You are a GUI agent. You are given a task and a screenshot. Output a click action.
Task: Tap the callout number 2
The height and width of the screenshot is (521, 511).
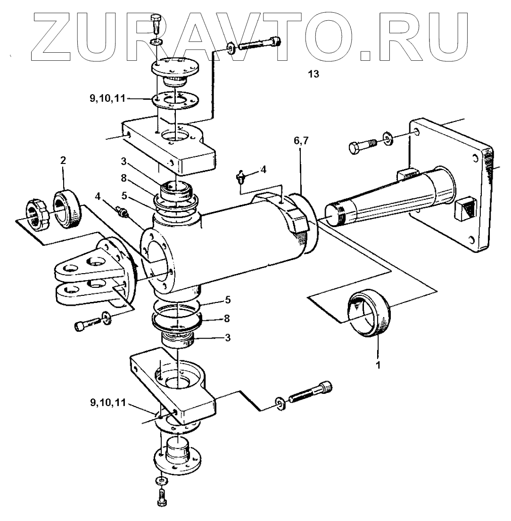click(x=63, y=161)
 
